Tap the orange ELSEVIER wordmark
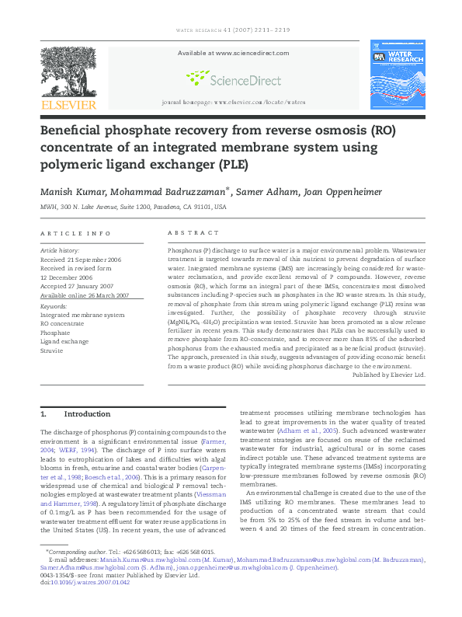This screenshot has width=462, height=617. [69, 105]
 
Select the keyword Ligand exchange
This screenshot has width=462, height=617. [64, 341]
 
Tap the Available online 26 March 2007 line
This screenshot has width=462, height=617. [85, 296]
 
